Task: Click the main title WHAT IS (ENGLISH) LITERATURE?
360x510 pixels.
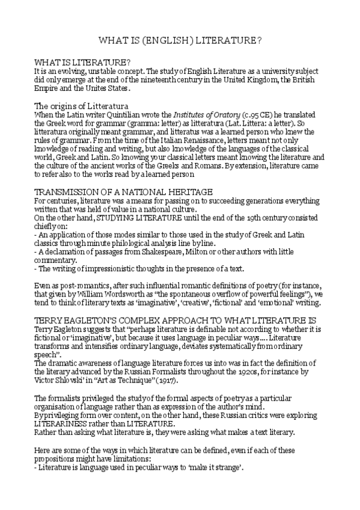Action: tap(180, 41)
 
